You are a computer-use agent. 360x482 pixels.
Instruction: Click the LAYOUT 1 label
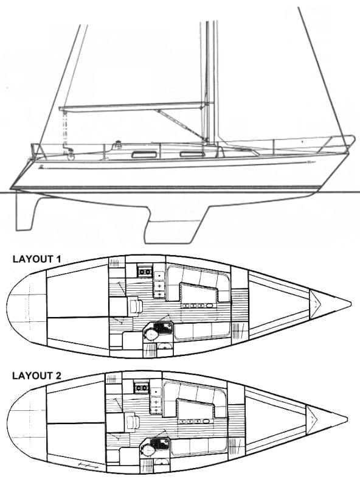pos(36,259)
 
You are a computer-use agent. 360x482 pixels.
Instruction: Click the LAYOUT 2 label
pos(36,375)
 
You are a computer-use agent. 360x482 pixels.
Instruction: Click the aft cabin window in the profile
pos(144,155)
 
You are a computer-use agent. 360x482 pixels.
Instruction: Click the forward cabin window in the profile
pos(192,154)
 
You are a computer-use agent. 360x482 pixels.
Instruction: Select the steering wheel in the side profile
pos(71,155)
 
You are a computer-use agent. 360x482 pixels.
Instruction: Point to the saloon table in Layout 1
pos(198,293)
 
